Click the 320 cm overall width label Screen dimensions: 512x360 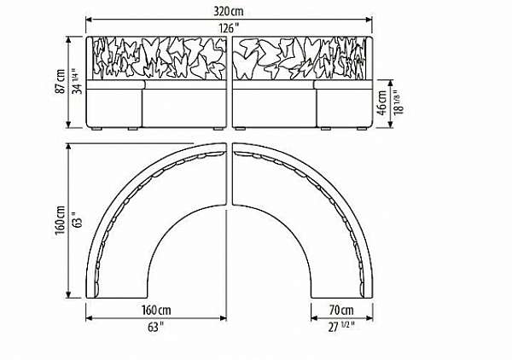[x=229, y=11]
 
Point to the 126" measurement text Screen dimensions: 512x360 [x=229, y=28]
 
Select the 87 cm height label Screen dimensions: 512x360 [x=61, y=81]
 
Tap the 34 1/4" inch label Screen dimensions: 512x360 [x=78, y=81]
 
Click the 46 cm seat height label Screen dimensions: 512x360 [x=381, y=103]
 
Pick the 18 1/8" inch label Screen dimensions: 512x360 [x=399, y=102]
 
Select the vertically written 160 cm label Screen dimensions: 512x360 [x=61, y=219]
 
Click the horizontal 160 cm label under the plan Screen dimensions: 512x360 [x=156, y=310]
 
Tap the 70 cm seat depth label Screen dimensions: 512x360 [x=341, y=310]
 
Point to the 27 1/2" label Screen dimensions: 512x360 [x=341, y=327]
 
